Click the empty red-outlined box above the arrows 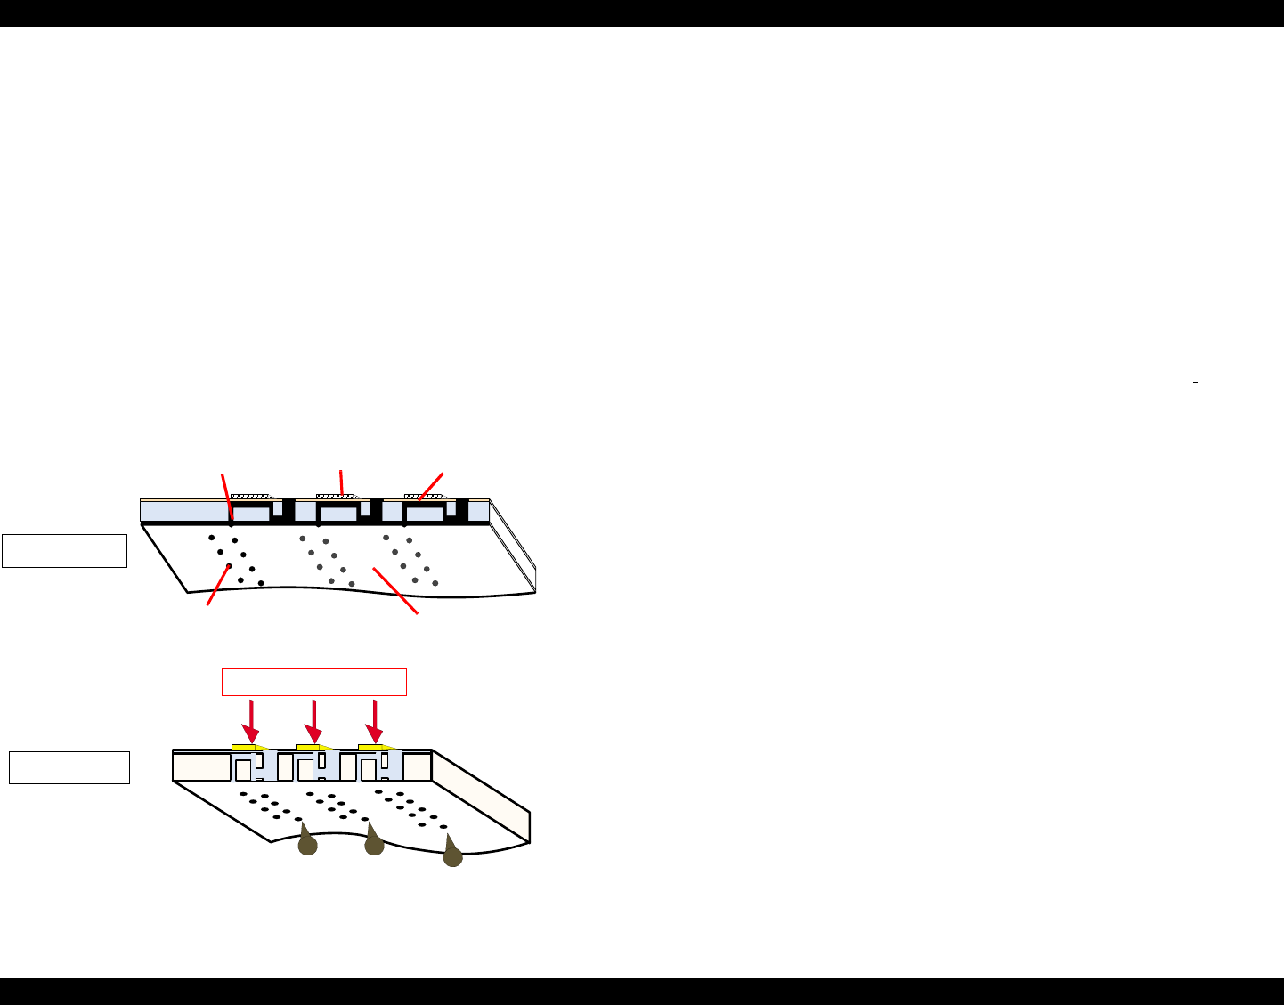[x=313, y=681]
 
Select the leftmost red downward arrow [x=252, y=720]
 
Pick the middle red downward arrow [x=314, y=720]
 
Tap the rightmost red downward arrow [x=375, y=720]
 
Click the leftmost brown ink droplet [x=307, y=844]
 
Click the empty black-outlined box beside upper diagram [x=64, y=551]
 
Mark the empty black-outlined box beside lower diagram [x=69, y=767]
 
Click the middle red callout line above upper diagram [x=341, y=481]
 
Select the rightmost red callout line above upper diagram [x=431, y=485]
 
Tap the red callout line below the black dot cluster [x=218, y=586]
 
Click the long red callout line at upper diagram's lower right [x=395, y=590]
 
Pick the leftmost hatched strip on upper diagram [x=250, y=496]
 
